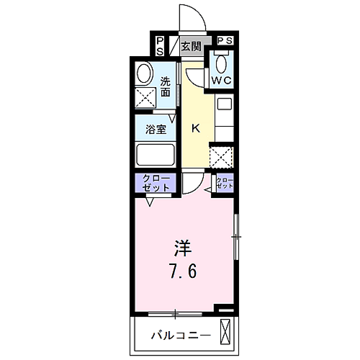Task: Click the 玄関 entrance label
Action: pos(191,46)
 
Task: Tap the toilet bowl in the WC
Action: pos(221,64)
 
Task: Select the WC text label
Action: pos(221,81)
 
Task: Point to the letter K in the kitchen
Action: pos(196,129)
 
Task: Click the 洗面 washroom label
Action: pos(166,86)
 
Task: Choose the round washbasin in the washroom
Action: pos(145,73)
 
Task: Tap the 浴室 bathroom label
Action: pos(156,130)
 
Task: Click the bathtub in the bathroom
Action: pos(156,154)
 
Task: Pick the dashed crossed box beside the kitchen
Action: pos(221,157)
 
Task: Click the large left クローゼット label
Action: pos(156,183)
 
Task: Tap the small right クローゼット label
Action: pos(225,183)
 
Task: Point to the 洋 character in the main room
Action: pos(183,248)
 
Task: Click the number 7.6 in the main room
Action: pos(184,271)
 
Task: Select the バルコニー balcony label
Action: pos(181,336)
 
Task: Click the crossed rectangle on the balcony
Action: pos(225,332)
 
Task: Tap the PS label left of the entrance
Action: pos(160,46)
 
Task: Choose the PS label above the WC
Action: pos(225,40)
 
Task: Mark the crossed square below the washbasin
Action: pos(145,98)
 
